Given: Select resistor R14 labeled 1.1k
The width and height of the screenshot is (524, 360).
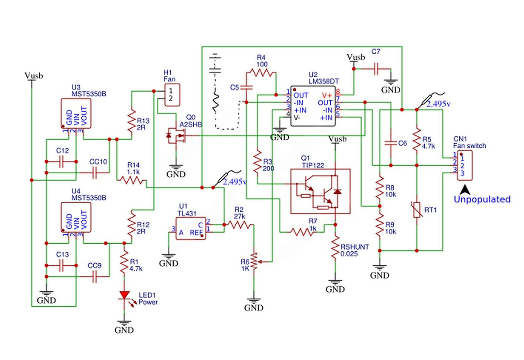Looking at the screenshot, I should pos(132,180).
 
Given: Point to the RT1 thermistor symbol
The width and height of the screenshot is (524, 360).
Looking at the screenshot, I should pos(416,210).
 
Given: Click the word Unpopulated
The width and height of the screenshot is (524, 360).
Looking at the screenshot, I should pos(482,199).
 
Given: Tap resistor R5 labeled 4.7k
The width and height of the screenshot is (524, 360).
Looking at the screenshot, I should pos(416,138).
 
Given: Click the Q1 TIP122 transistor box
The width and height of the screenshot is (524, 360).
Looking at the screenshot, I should pos(321,191).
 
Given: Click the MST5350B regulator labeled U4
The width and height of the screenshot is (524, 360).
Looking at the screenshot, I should pos(76,217).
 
